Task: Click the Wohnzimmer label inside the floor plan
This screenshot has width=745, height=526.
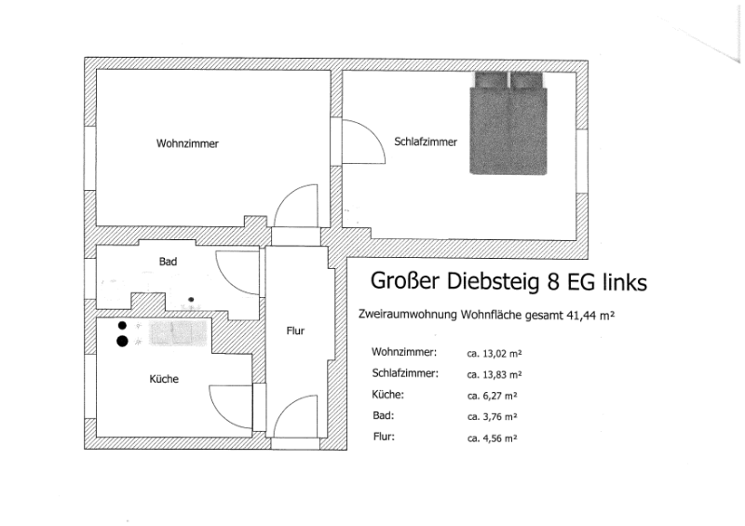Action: click(187, 143)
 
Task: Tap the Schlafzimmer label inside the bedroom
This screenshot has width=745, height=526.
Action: click(426, 142)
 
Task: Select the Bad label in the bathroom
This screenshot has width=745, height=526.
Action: click(168, 262)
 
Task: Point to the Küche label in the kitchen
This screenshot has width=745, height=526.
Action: click(164, 379)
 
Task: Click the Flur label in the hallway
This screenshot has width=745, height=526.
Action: click(295, 330)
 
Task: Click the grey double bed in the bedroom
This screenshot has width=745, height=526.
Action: click(508, 123)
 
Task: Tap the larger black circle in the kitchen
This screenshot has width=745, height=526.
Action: click(122, 341)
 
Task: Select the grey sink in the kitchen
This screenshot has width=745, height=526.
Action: click(178, 332)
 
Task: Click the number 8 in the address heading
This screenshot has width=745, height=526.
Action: click(553, 281)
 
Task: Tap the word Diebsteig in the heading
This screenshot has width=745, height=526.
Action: click(494, 281)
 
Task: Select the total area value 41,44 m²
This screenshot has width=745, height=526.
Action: click(590, 315)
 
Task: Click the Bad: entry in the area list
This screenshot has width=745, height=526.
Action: click(384, 415)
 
